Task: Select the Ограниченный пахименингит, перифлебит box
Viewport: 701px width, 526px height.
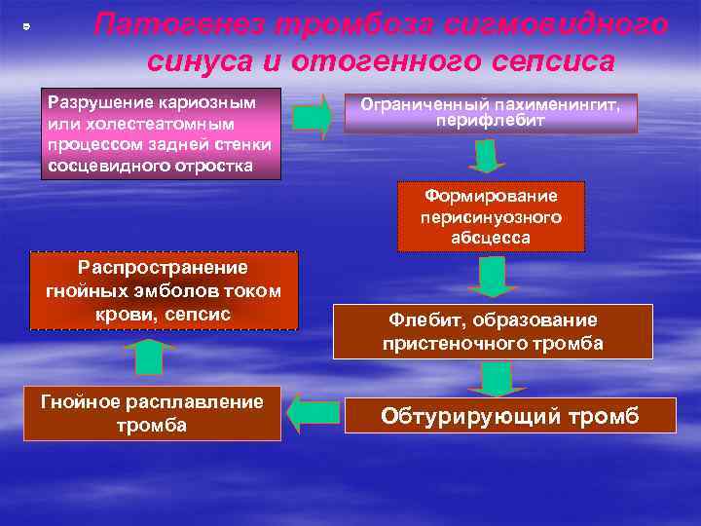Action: point(491,112)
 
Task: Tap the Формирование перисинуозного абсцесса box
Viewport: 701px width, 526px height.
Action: point(492,215)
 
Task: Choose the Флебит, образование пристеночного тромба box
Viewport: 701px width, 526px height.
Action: point(493,331)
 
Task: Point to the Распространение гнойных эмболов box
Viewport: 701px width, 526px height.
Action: point(164,290)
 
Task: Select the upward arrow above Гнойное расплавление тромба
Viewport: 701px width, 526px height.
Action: point(148,357)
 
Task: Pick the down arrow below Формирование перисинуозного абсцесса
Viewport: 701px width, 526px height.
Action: point(492,277)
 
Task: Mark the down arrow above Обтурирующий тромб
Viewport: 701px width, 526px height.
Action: point(497,378)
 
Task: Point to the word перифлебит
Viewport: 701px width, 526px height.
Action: point(492,121)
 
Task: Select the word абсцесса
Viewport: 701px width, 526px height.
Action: point(492,237)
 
